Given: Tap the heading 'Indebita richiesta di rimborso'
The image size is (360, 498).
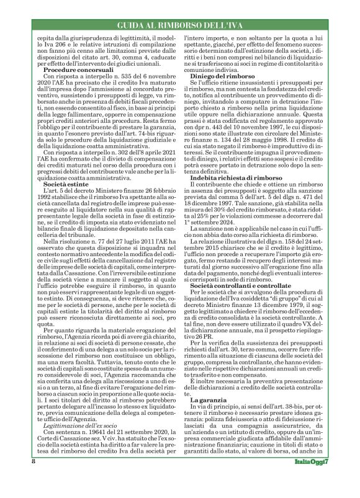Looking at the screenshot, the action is click(235, 212).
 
